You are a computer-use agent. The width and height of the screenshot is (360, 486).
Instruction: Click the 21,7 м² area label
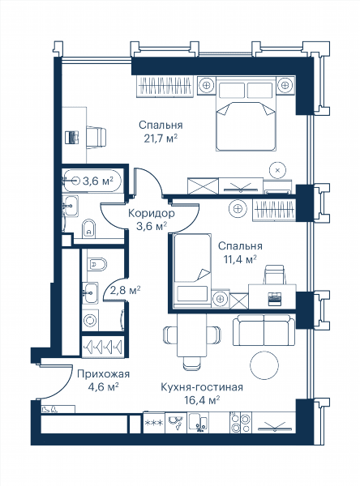click(161, 139)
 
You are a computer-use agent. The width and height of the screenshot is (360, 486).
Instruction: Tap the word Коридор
click(152, 213)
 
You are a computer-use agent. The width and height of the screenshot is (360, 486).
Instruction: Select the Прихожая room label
click(103, 373)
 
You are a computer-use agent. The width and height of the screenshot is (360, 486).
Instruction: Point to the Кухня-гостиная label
click(202, 387)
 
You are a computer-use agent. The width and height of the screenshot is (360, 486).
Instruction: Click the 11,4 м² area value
click(240, 259)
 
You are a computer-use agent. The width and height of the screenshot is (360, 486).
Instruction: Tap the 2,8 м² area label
click(126, 291)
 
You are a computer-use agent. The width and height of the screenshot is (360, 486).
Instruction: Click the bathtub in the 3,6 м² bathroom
click(92, 181)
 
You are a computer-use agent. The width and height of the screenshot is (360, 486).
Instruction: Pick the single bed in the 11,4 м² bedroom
click(192, 267)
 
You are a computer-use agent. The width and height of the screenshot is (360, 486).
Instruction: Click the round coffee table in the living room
click(264, 364)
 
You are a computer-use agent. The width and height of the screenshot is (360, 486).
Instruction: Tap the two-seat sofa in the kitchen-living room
click(264, 330)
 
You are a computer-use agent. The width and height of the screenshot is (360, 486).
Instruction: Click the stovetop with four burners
click(240, 423)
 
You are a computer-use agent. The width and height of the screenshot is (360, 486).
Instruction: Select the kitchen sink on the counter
click(198, 422)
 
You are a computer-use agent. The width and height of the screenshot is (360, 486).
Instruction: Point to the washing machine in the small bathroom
click(91, 320)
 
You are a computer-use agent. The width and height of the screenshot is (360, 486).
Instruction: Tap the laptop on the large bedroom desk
click(72, 138)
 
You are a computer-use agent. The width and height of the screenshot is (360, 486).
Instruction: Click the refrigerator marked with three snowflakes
click(154, 423)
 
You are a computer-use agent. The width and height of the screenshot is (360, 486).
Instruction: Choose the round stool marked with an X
click(278, 170)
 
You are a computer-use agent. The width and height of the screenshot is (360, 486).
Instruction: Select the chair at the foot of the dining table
click(191, 363)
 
